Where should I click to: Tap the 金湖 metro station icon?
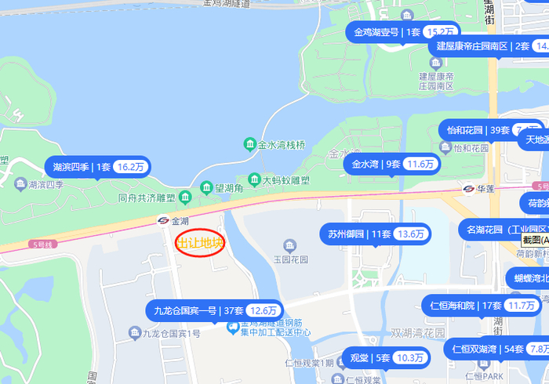[x=163, y=221]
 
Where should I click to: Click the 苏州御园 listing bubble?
[x=376, y=234]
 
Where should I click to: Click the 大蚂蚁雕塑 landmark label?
[x=287, y=180]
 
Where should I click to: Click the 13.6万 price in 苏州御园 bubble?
[x=410, y=234]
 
